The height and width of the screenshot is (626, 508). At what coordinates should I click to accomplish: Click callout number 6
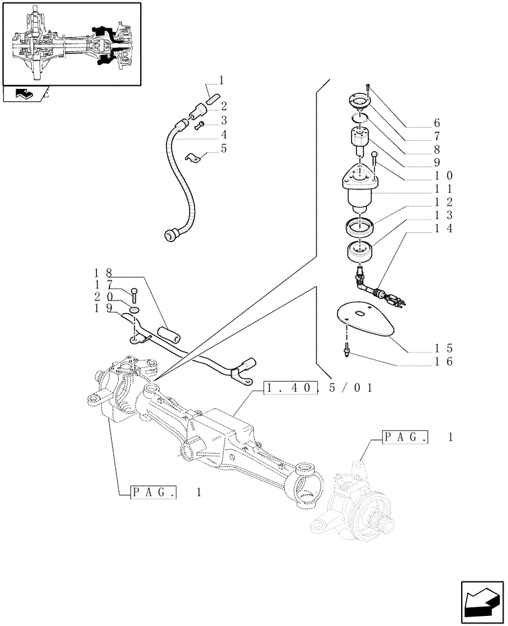(437, 122)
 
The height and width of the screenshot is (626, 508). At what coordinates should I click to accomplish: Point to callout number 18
(103, 273)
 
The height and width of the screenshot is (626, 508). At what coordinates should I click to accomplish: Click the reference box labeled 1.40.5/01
(319, 388)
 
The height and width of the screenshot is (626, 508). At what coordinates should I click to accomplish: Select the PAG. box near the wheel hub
(405, 438)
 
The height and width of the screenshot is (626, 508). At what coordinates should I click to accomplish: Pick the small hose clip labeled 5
(195, 158)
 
